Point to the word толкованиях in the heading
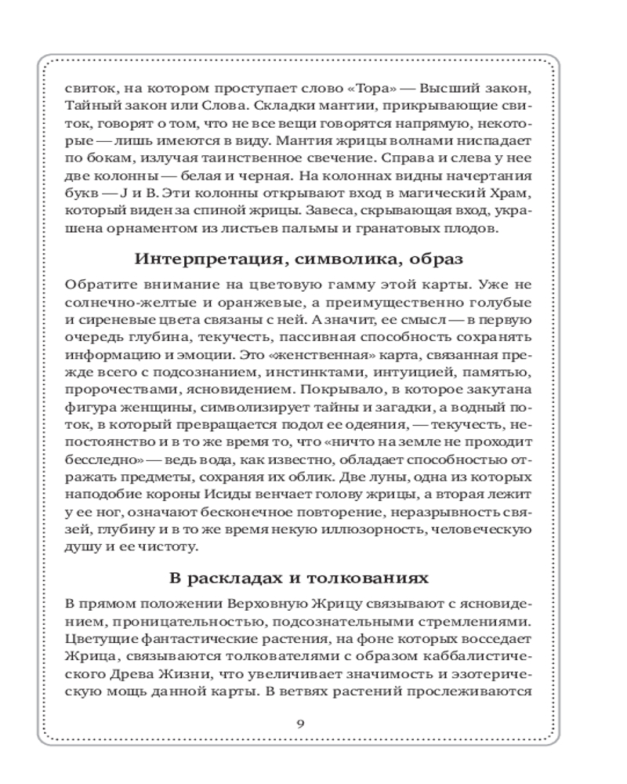[364, 579]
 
